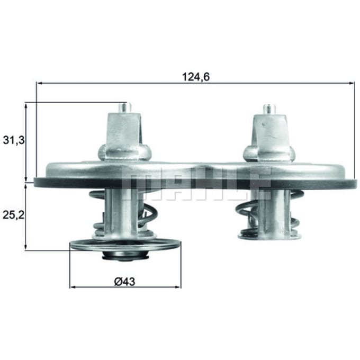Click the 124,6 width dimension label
[x=196, y=77]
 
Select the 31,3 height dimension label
[x=14, y=140]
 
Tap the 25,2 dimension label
[x=13, y=215]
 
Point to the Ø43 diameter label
[x=124, y=282]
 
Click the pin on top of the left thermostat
[x=124, y=107]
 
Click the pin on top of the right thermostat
[x=269, y=109]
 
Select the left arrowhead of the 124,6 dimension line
[x=40, y=83]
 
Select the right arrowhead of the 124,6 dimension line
[x=352, y=83]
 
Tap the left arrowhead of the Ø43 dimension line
[x=73, y=287]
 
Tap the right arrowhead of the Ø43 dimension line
[x=178, y=287]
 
